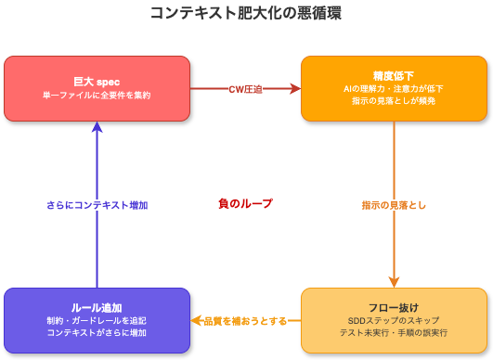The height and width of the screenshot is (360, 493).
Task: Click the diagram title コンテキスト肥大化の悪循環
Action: pyautogui.click(x=246, y=13)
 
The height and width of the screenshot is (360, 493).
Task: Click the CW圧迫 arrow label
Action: pyautogui.click(x=246, y=89)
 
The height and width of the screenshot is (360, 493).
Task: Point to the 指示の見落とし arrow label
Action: pyautogui.click(x=395, y=204)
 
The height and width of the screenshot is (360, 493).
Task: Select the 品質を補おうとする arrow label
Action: pyautogui.click(x=245, y=320)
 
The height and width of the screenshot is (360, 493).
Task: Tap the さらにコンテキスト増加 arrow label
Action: pyautogui.click(x=97, y=204)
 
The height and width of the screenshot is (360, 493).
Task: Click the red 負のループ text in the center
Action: pyautogui.click(x=245, y=203)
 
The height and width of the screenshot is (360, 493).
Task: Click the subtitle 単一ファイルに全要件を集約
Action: pyautogui.click(x=97, y=95)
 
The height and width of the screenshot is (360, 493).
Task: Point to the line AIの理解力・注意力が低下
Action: pyautogui.click(x=394, y=88)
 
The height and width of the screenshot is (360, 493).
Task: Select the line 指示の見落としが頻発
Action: pyautogui.click(x=394, y=100)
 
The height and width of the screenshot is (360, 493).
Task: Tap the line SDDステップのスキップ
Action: pyautogui.click(x=394, y=320)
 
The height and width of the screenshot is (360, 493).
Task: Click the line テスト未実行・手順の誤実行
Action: pyautogui.click(x=394, y=332)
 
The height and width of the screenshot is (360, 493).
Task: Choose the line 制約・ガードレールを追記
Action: pyautogui.click(x=97, y=320)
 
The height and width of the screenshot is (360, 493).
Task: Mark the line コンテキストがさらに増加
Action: pyautogui.click(x=97, y=332)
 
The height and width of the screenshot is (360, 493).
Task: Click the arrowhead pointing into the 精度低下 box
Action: pyautogui.click(x=296, y=89)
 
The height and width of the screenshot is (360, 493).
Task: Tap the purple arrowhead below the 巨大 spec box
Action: pyautogui.click(x=97, y=128)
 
